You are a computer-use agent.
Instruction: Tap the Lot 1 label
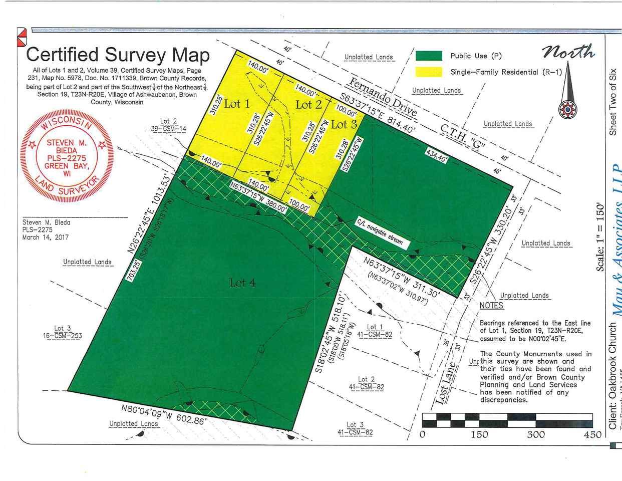[236, 104]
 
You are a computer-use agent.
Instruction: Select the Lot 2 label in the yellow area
[308, 104]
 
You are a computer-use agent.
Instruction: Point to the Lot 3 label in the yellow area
[344, 124]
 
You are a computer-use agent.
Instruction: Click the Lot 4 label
[242, 283]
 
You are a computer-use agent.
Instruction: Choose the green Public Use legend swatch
[429, 56]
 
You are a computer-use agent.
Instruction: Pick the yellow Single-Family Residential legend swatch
[429, 72]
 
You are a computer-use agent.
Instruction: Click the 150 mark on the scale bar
[479, 434]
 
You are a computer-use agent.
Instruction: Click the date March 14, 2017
[46, 237]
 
